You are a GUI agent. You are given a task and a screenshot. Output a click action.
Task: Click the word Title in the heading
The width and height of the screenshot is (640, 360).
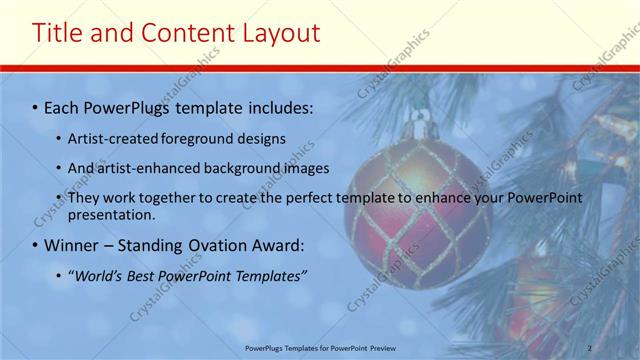pyautogui.click(x=59, y=33)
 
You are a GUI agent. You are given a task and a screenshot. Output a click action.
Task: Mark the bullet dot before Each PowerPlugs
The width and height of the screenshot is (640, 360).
pyautogui.click(x=36, y=106)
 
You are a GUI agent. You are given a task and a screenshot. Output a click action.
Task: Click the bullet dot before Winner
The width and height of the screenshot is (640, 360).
pyautogui.click(x=36, y=245)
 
